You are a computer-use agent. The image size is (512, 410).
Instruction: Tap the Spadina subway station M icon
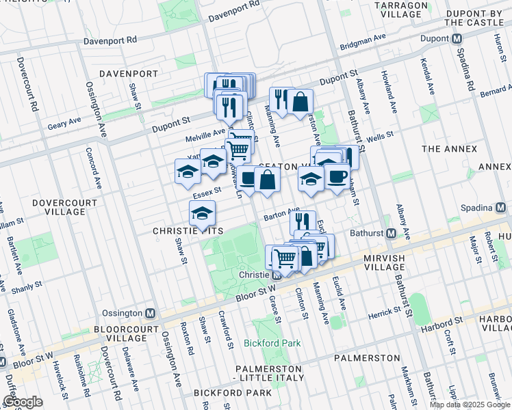tap(504, 207)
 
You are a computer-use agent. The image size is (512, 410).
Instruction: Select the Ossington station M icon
tap(151, 313)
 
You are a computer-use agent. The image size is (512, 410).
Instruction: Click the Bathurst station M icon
tap(391, 234)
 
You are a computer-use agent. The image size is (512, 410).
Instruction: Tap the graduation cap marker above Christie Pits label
tap(202, 214)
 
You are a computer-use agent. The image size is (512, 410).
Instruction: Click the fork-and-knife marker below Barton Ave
tap(302, 221)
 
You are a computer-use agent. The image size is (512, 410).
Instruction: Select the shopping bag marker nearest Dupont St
tap(300, 102)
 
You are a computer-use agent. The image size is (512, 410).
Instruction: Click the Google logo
tap(23, 402)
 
